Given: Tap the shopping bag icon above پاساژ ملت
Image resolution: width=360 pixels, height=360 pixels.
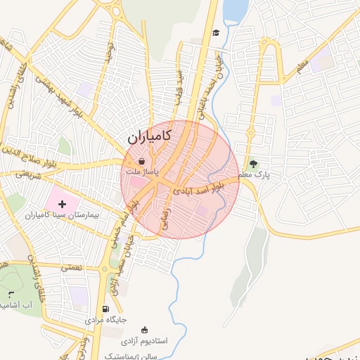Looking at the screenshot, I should click(141, 162).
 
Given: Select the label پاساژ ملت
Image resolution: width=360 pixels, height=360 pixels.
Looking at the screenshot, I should click(142, 172).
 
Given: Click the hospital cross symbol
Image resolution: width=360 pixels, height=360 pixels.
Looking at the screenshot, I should click(63, 203).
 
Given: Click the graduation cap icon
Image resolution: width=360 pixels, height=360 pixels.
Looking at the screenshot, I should click(216, 33).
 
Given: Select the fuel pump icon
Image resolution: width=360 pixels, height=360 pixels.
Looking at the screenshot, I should click(105, 309).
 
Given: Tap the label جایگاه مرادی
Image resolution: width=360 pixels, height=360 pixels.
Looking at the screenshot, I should click(105, 320).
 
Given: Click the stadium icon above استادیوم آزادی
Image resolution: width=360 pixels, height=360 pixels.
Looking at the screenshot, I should click(145, 330).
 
